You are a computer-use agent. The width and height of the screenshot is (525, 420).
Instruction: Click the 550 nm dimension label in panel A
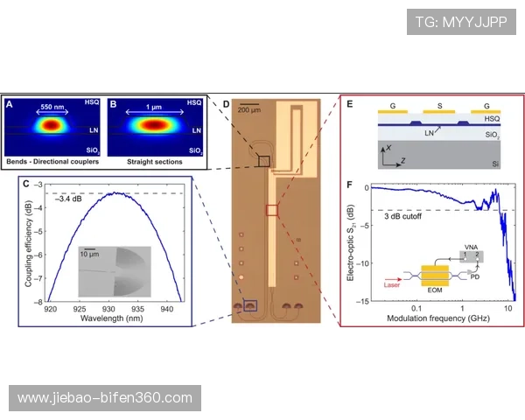click(x=52, y=107)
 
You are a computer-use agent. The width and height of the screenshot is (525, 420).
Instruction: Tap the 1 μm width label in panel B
click(x=154, y=107)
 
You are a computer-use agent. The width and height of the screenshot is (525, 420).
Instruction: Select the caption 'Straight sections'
click(x=155, y=162)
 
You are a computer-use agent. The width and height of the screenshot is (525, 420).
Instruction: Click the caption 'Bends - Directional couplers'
click(x=52, y=162)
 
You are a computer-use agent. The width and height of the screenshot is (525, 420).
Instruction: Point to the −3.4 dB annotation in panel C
click(x=68, y=199)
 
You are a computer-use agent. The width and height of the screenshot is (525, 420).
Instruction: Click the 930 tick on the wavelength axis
click(x=108, y=309)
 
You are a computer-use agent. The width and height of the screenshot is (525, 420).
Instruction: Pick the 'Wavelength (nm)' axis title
click(x=111, y=318)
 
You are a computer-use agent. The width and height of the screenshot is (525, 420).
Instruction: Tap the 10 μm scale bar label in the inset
click(x=89, y=255)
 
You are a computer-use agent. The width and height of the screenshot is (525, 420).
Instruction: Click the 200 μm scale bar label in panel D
click(x=249, y=110)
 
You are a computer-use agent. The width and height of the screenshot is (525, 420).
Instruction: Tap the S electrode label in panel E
click(x=439, y=106)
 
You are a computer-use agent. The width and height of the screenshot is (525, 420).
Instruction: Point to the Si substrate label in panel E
click(x=495, y=164)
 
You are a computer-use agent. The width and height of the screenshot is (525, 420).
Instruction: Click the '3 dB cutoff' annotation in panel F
click(x=402, y=216)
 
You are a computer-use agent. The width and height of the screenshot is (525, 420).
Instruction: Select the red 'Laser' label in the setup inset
click(x=392, y=285)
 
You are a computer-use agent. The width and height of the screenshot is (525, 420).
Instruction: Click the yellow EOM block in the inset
click(x=435, y=276)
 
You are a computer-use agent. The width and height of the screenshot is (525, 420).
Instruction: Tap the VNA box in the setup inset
click(x=472, y=256)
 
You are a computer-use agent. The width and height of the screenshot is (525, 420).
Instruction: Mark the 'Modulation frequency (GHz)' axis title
click(x=438, y=318)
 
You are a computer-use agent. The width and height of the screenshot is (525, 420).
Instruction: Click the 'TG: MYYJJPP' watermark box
click(x=461, y=22)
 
